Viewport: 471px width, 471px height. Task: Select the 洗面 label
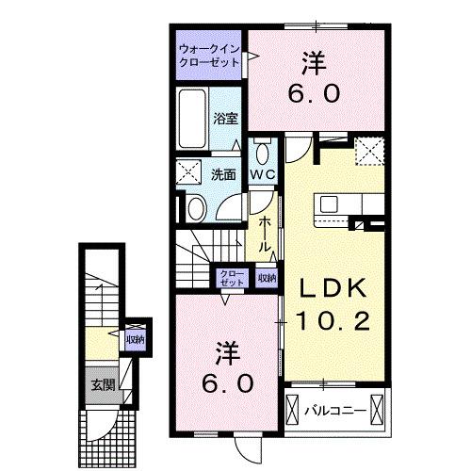coord(223,174)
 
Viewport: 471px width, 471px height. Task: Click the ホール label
coord(268,232)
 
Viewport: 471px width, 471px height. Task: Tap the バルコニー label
coord(334,410)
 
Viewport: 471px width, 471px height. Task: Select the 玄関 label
coord(103,383)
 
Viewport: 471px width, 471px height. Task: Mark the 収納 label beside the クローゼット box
coord(267,278)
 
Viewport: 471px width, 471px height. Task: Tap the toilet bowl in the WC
coord(261,153)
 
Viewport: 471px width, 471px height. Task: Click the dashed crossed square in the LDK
coord(367,148)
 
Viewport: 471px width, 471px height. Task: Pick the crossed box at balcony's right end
coord(378,409)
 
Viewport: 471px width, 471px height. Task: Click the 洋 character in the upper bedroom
coord(313,63)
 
